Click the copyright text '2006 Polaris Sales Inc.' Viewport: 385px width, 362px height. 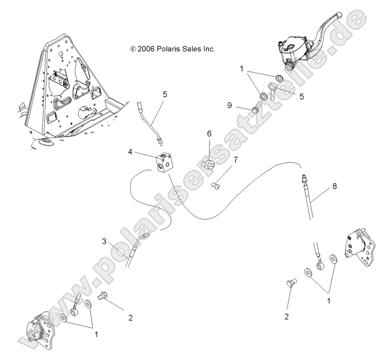(x=172, y=49)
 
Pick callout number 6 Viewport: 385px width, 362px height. (x=209, y=134)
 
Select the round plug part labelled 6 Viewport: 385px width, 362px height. (x=211, y=164)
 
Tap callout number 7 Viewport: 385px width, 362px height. (x=236, y=160)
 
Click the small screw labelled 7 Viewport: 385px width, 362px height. (x=216, y=185)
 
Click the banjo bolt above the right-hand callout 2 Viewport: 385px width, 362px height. (x=291, y=285)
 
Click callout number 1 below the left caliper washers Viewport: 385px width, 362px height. (x=96, y=335)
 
